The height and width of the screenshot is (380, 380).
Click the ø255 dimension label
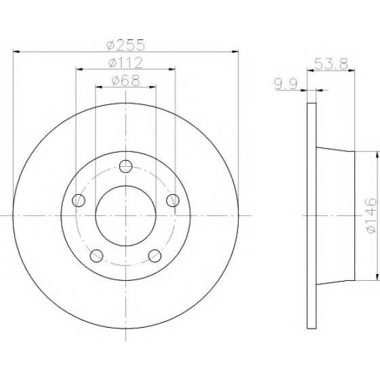tap(126, 45)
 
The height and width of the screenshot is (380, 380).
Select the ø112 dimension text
tap(126, 63)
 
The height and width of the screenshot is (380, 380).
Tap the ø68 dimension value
tap(126, 81)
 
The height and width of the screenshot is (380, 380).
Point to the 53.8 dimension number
tap(331, 64)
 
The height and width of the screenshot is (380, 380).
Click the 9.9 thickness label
tap(286, 84)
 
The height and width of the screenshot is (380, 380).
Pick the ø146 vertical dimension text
tap(372, 216)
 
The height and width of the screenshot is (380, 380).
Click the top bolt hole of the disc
tap(126, 166)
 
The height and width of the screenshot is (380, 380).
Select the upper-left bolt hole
tap(79, 200)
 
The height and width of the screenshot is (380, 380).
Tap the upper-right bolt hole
tap(173, 200)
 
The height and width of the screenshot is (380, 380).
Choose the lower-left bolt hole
tap(96, 256)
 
